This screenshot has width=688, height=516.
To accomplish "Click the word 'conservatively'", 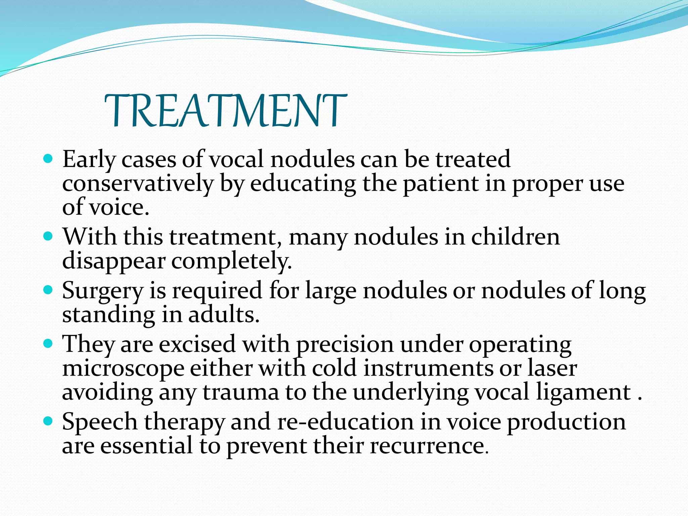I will click(x=138, y=184).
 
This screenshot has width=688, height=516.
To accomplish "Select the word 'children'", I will click(x=516, y=237).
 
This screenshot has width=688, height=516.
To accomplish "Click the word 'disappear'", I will click(x=114, y=261).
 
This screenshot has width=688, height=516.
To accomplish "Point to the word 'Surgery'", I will click(x=102, y=291).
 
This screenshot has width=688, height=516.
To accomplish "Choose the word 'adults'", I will click(x=223, y=315).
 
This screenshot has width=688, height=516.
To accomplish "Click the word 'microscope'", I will click(x=123, y=369).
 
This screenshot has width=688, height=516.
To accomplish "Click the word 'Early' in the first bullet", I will click(x=89, y=160).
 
